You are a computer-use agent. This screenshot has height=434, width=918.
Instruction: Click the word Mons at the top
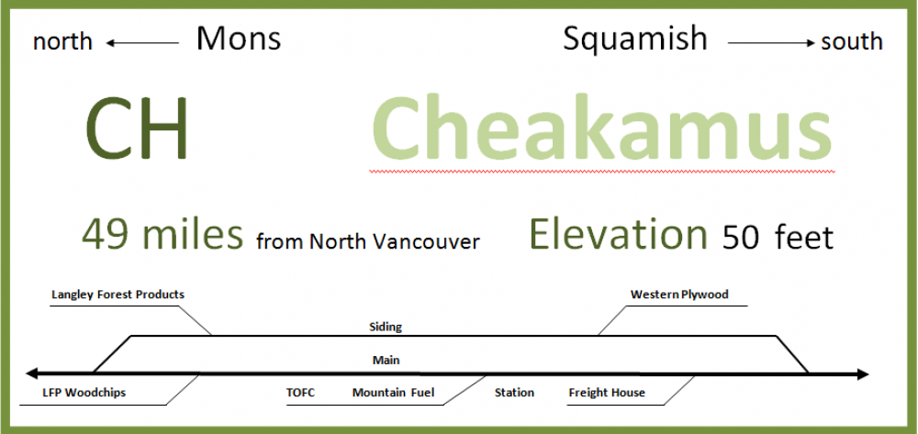tap(239, 39)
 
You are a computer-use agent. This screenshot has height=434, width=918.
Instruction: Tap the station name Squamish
tap(635, 39)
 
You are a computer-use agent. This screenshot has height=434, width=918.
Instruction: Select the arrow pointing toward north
tap(142, 43)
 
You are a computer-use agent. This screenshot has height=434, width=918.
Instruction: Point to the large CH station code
tap(137, 128)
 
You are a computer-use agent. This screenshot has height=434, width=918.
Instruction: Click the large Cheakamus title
tap(602, 128)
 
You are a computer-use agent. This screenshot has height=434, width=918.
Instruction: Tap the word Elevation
tap(618, 234)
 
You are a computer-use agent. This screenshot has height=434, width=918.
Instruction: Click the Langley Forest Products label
tap(118, 295)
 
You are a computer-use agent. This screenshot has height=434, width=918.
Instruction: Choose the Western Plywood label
tap(679, 295)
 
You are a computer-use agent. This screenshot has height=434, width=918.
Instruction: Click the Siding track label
tap(386, 327)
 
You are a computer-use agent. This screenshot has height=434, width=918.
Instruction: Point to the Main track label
tap(386, 360)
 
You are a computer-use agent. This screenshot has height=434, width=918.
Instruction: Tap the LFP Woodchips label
tap(84, 393)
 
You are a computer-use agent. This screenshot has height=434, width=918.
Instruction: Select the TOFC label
tap(300, 393)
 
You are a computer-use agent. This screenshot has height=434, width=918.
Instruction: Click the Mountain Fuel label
tap(394, 393)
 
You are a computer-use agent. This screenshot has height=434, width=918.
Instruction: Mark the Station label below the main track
tap(514, 393)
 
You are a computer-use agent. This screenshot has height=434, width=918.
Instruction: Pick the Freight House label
tap(607, 393)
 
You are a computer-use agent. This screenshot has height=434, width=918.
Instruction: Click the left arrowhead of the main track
tap(31, 373)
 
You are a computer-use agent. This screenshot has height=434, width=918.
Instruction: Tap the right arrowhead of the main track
tap(863, 374)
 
